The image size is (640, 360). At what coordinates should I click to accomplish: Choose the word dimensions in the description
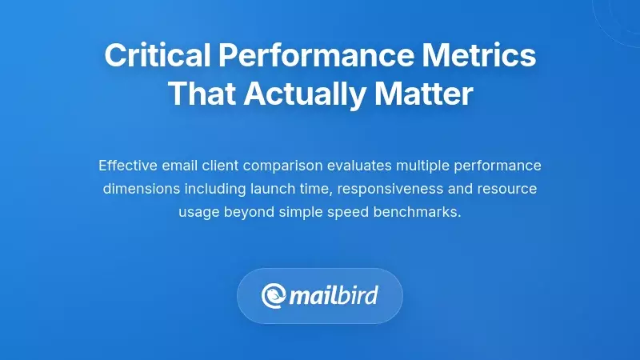138,190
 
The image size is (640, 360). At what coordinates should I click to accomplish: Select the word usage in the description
197,214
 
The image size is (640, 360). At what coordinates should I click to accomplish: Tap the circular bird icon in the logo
274,296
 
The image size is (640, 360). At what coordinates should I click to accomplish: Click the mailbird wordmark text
334,296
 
